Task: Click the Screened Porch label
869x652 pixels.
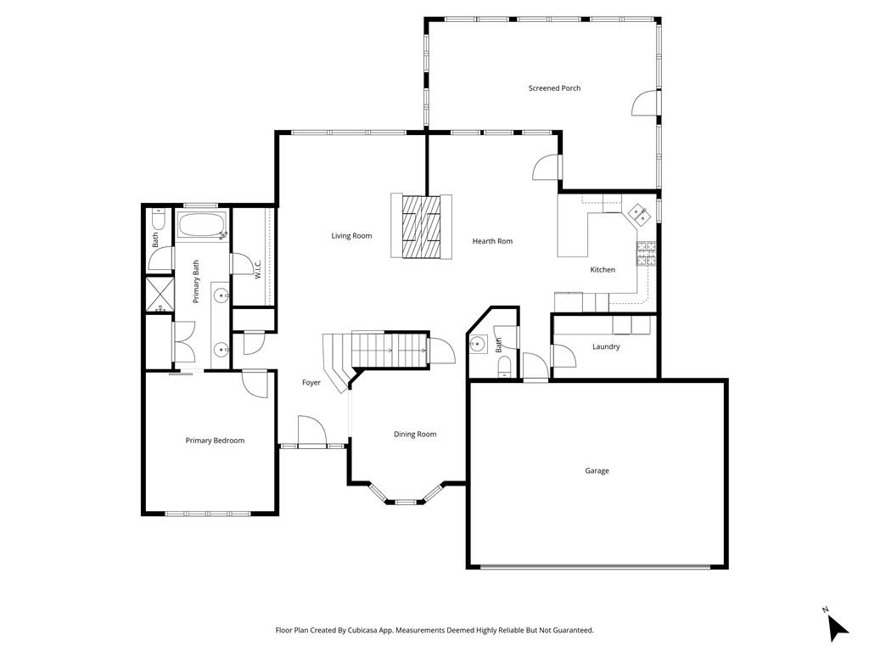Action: click(x=554, y=88)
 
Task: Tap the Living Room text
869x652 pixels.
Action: click(x=351, y=236)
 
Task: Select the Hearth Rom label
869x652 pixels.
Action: click(x=492, y=241)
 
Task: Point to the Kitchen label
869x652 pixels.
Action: click(x=603, y=269)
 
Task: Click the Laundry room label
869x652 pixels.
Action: click(x=606, y=346)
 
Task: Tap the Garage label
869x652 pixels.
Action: click(x=597, y=470)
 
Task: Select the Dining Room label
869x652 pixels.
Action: click(x=415, y=434)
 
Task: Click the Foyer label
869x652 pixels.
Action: click(x=311, y=383)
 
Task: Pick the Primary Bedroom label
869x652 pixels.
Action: click(x=215, y=441)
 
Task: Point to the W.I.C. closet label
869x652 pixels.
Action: click(x=258, y=269)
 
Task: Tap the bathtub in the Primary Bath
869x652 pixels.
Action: click(x=202, y=225)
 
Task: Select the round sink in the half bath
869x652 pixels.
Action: click(x=477, y=345)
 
